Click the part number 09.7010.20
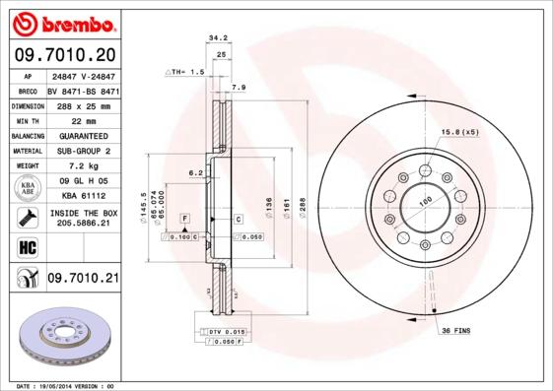pyautogui.click(x=64, y=54)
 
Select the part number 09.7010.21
pyautogui.click(x=82, y=280)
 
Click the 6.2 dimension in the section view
pyautogui.click(x=196, y=172)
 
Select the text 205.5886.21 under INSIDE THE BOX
pyautogui.click(x=82, y=224)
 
